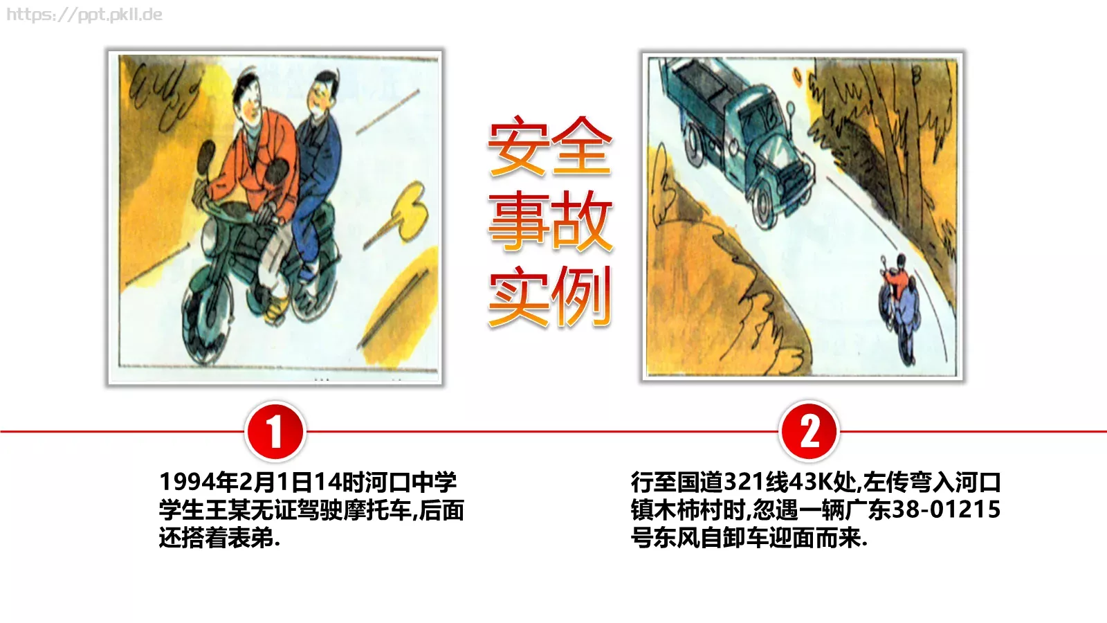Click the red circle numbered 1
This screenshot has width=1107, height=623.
pyautogui.click(x=275, y=431)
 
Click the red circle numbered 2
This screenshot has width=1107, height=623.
pyautogui.click(x=809, y=431)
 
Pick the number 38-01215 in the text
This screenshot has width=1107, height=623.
pyautogui.click(x=946, y=509)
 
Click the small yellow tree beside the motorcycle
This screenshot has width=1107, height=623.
pyautogui.click(x=408, y=208)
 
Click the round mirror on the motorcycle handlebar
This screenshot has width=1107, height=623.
pyautogui.click(x=206, y=156)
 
